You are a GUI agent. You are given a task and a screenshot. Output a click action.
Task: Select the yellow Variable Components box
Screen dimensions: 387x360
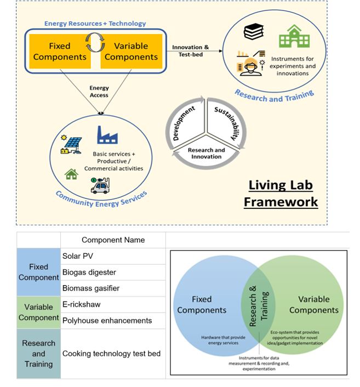pos(131,51)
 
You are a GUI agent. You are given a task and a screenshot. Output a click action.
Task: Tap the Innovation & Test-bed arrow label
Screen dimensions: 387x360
pos(191,51)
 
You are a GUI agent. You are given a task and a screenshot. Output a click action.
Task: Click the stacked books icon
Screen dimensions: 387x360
pos(254,32)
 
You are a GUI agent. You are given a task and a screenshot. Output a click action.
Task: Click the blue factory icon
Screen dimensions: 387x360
pos(107,135)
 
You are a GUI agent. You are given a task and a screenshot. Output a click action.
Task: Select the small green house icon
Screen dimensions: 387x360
pos(71,174)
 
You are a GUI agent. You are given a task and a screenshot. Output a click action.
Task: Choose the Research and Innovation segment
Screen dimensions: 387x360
pos(206,153)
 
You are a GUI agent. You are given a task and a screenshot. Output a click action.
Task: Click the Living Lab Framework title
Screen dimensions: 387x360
pos(281,193)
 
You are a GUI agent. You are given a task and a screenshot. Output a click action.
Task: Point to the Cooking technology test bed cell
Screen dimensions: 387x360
pos(111,354)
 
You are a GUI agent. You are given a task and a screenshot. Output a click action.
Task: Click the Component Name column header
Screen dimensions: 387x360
pos(113,240)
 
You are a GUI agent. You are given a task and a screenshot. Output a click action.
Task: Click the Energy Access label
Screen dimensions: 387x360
pos(99,92)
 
